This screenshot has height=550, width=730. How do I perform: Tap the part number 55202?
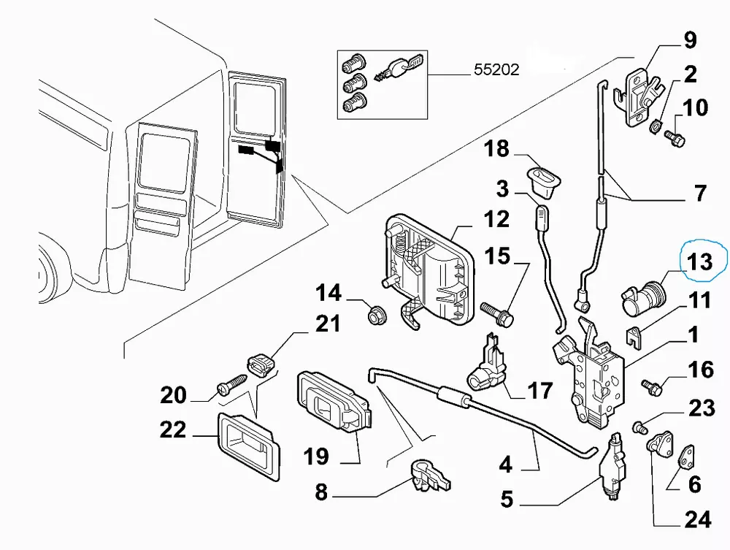click(496, 70)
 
